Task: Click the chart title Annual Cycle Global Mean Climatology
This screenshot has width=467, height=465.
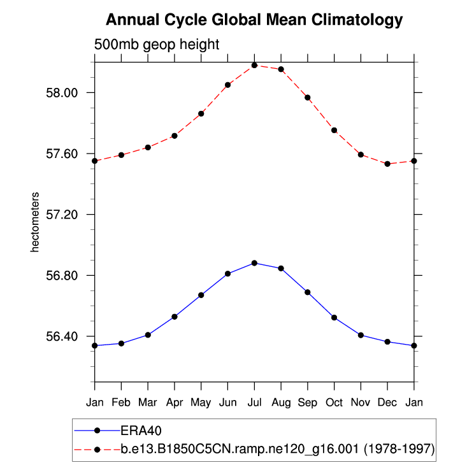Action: tap(254, 20)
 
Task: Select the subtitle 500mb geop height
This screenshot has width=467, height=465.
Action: tap(157, 45)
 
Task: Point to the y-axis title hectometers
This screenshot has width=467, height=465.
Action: tap(36, 222)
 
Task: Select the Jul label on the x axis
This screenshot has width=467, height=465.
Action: tap(254, 403)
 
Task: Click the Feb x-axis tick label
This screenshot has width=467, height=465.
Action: tap(121, 403)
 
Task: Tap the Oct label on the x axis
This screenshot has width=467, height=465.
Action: tap(334, 403)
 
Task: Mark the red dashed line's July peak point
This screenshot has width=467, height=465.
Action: tap(254, 65)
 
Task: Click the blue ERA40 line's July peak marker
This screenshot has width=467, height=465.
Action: tap(254, 262)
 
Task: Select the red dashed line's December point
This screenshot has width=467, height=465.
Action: tap(387, 164)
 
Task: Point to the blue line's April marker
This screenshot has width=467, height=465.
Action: tap(174, 317)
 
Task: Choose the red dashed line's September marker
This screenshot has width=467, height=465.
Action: tap(308, 97)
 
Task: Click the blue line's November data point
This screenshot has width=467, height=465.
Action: tap(361, 335)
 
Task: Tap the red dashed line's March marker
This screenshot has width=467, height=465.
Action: tap(148, 147)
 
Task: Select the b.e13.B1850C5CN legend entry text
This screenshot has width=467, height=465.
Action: tap(278, 449)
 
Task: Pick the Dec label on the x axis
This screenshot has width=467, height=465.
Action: tap(387, 403)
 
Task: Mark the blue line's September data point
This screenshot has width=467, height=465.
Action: tap(308, 292)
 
